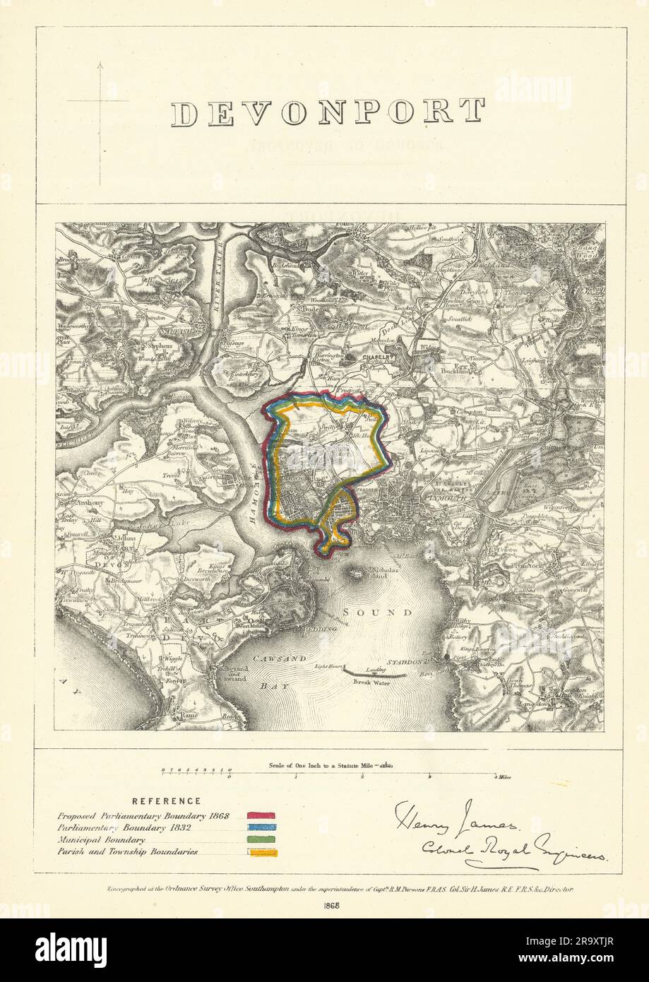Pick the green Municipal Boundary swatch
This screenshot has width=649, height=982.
pyautogui.click(x=261, y=840)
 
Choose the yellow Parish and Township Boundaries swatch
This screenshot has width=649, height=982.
pyautogui.click(x=261, y=853)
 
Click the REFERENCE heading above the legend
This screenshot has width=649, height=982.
pyautogui.click(x=167, y=801)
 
